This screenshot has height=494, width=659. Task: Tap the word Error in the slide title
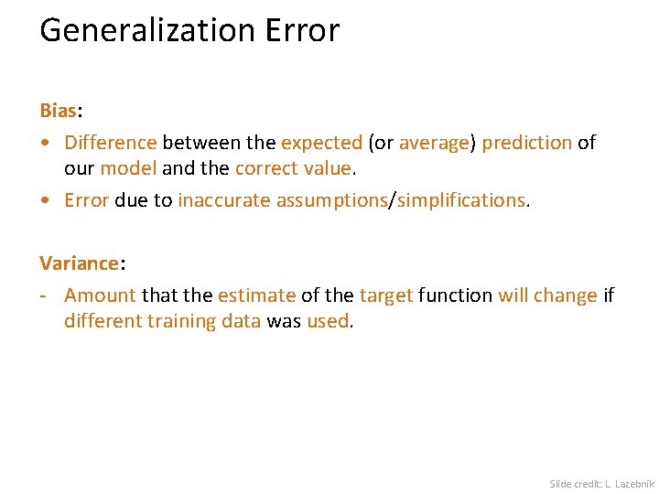(302, 31)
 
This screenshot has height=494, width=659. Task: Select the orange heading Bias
(58, 111)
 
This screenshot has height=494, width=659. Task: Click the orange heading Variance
(79, 263)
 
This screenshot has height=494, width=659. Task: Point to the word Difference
(111, 143)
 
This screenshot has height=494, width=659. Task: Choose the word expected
(321, 143)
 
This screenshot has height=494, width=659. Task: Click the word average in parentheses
(434, 143)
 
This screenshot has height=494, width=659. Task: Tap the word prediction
(526, 143)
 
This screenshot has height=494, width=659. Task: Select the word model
(128, 168)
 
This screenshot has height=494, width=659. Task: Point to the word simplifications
(460, 200)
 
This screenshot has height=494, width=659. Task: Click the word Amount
(100, 295)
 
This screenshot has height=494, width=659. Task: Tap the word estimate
(256, 295)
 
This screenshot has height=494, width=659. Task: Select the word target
(386, 295)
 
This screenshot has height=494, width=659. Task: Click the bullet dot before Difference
(45, 144)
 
